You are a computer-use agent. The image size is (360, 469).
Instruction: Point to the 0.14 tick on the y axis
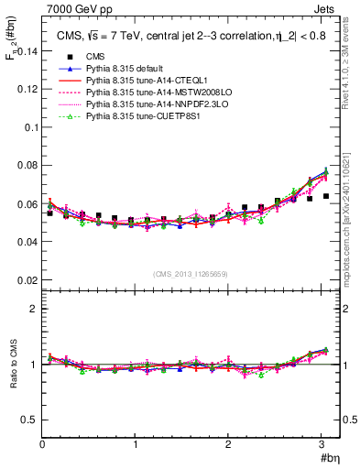tap(27, 51)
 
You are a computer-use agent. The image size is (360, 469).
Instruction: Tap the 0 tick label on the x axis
tap(42, 444)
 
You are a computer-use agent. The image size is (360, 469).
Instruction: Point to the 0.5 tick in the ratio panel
tap(29, 419)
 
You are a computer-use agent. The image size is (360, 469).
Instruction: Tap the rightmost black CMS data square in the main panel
tap(325, 196)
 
